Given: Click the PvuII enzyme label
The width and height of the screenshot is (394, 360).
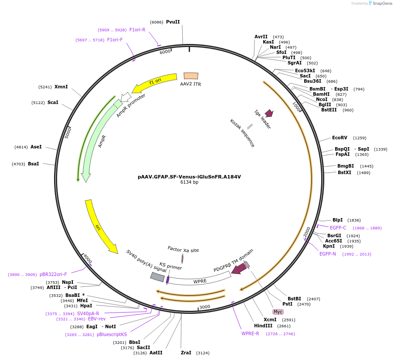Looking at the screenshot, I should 173,22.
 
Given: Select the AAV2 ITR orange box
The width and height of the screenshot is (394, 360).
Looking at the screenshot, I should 191,76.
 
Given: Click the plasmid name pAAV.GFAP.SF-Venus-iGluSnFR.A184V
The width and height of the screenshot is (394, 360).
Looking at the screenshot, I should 189,177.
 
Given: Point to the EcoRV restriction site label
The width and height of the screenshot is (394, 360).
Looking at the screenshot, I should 340,138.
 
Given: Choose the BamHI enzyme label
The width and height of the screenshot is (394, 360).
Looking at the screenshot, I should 321,94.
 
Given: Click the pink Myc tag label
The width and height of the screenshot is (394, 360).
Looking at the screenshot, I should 278,312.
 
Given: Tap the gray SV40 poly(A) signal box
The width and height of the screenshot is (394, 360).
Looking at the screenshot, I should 157,277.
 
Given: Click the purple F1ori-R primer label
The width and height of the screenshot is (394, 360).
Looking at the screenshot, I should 137,30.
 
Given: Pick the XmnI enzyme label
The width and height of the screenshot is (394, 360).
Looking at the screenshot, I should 61,87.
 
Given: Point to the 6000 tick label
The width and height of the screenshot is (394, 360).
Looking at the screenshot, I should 165,52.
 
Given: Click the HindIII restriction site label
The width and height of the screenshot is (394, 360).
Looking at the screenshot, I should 266,326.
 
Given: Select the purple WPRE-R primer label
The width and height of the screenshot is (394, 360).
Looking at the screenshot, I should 250,333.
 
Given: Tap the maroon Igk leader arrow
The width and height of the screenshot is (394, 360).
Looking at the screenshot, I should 269,113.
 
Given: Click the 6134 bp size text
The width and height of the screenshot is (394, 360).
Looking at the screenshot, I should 189,182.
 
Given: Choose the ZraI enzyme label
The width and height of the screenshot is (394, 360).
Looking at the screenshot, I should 186,353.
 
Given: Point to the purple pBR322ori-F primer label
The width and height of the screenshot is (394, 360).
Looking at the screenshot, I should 53,275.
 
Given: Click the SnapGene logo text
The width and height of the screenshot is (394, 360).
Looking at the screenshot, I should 382,3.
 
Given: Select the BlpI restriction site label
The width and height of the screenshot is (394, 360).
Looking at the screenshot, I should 337,220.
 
